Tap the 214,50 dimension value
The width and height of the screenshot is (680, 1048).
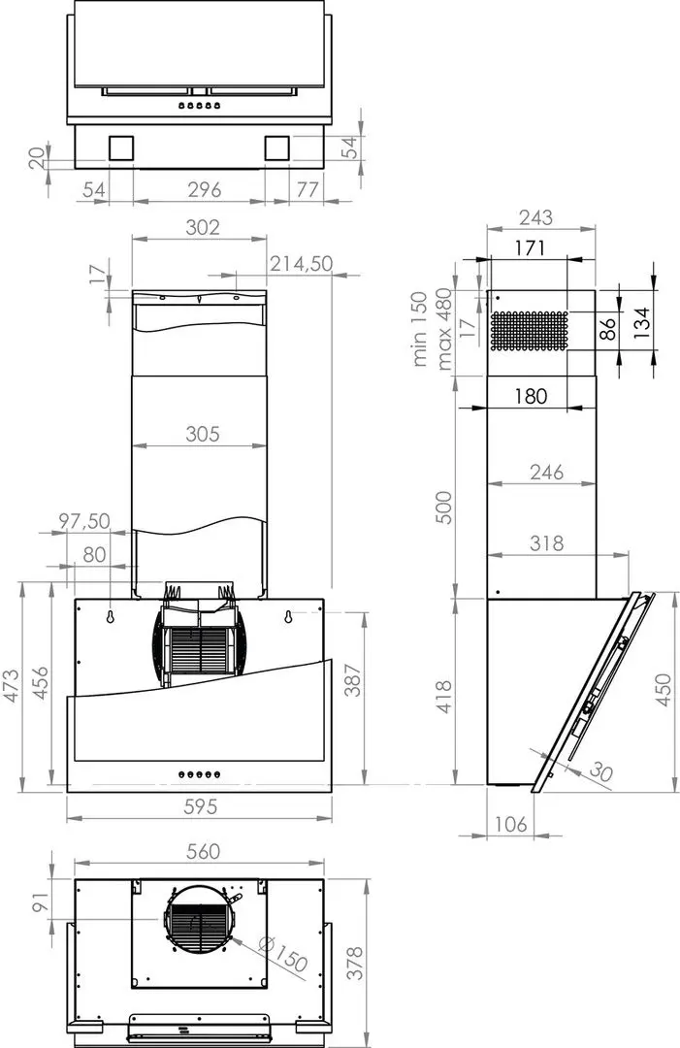point(301,263)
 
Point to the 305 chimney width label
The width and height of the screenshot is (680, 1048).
point(203,435)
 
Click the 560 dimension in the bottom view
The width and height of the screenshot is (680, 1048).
point(202,851)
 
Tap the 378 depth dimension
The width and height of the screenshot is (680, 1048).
point(355,963)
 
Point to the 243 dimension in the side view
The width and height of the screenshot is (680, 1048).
point(535,217)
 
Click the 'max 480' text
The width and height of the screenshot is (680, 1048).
point(445,329)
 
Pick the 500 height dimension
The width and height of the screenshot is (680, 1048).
point(445,505)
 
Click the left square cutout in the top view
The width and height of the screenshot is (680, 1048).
point(123,147)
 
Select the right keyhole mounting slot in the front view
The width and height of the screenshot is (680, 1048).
point(288,615)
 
